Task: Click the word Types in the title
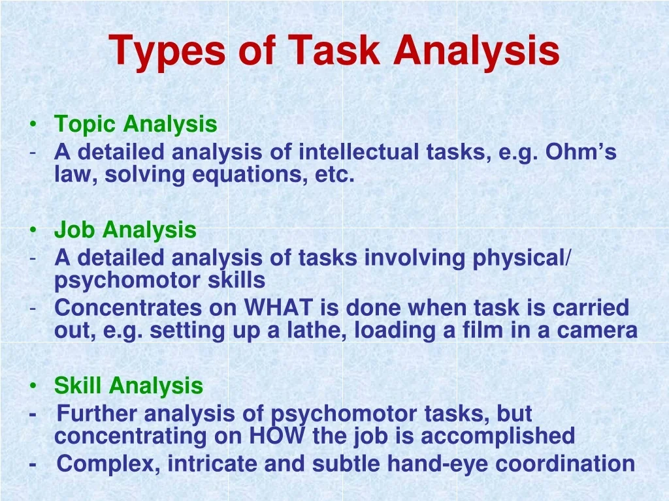[167, 51]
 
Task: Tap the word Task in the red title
[334, 50]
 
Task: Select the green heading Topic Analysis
[136, 125]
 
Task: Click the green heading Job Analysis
[125, 230]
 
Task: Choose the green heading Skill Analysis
[129, 386]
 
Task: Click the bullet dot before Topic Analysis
[33, 125]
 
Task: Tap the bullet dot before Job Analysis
[33, 230]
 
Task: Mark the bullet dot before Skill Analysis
[33, 386]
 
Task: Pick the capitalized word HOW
[277, 435]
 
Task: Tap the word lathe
[316, 331]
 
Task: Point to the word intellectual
[359, 151]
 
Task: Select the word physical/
[521, 258]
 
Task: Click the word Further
[97, 413]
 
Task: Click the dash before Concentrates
[33, 308]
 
